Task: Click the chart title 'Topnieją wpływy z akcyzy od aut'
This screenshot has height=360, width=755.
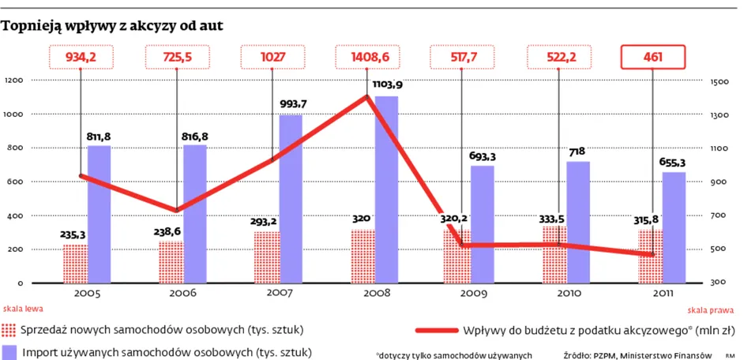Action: (x=113, y=26)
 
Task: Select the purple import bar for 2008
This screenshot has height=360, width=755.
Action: (x=386, y=189)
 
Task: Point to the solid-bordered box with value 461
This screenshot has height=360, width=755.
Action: (x=652, y=58)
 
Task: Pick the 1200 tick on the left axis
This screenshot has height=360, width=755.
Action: (x=15, y=81)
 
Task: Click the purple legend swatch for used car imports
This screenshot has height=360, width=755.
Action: (x=9, y=351)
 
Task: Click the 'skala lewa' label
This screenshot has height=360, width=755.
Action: (x=22, y=309)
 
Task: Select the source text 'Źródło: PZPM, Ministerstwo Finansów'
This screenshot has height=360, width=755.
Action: (x=638, y=355)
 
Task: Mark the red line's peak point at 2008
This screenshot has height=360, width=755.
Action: (x=367, y=97)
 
